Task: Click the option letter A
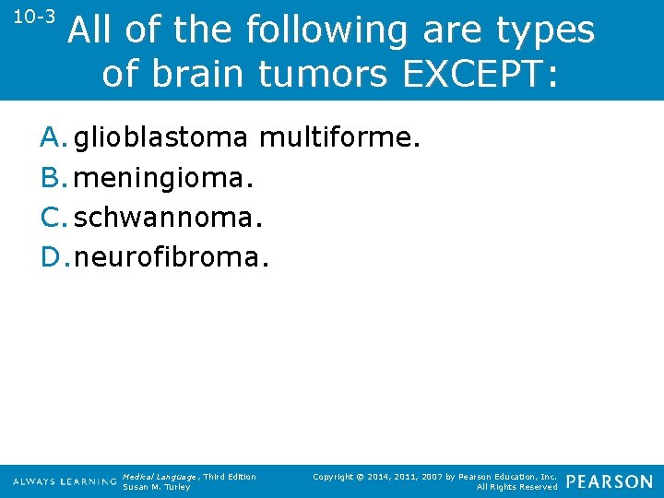click(x=51, y=138)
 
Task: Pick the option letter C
click(x=51, y=218)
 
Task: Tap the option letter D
click(x=52, y=257)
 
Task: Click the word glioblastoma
click(x=160, y=138)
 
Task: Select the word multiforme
click(x=339, y=138)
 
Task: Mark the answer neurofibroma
click(x=172, y=257)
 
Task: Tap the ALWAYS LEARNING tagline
click(x=65, y=482)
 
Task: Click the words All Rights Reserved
click(x=516, y=487)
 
